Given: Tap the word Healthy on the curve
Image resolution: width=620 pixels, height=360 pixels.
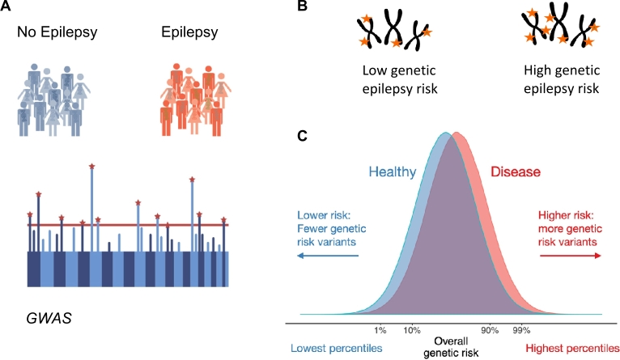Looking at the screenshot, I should pyautogui.click(x=393, y=172).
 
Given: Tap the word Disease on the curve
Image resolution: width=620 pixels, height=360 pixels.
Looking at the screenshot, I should pyautogui.click(x=516, y=172).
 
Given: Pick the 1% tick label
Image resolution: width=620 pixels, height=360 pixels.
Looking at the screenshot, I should pyautogui.click(x=380, y=330).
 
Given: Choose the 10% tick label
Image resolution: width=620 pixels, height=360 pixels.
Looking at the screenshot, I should pyautogui.click(x=410, y=330).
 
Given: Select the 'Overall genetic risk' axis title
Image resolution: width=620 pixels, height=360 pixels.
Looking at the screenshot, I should pyautogui.click(x=450, y=347).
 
